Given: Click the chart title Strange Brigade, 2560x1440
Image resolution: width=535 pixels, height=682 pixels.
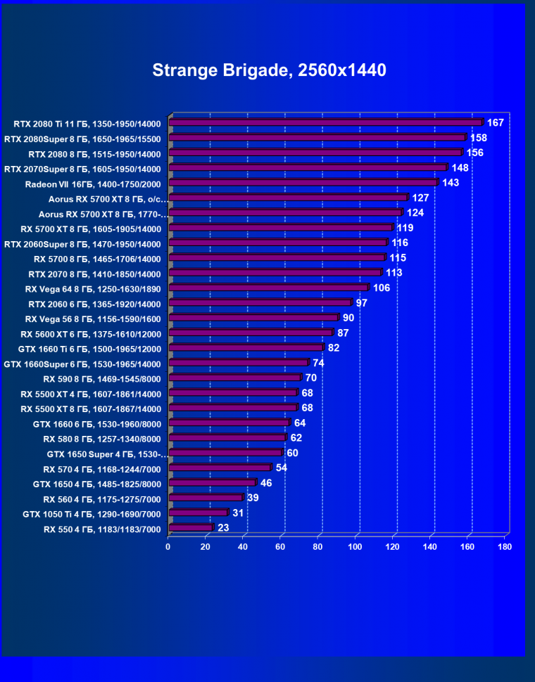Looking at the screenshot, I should click(x=269, y=70).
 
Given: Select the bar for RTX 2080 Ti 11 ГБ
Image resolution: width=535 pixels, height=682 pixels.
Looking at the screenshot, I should click(x=325, y=123).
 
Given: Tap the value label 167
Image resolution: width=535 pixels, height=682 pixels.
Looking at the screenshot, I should click(x=496, y=123).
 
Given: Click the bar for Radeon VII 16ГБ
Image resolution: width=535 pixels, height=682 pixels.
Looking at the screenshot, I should click(x=303, y=183).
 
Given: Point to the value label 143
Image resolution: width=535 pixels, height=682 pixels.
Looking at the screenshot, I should click(x=451, y=183).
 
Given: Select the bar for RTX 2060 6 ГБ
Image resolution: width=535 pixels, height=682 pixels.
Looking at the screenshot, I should click(x=260, y=303).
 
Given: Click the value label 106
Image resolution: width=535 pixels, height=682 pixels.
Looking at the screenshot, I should click(x=382, y=288).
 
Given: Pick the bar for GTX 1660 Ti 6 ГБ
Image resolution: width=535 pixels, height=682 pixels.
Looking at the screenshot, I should click(x=246, y=348).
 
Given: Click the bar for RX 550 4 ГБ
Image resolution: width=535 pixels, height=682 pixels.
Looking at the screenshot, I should click(x=190, y=528).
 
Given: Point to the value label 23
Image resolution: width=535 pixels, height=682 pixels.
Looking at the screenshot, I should click(x=223, y=527).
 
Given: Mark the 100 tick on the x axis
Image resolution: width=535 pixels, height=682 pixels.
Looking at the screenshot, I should click(x=355, y=546).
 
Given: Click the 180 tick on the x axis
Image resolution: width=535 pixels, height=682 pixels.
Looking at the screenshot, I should click(x=504, y=546).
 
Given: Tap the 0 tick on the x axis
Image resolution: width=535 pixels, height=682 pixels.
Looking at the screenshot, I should click(x=168, y=546).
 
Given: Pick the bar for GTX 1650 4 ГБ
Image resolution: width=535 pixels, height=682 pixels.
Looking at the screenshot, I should click(x=212, y=483).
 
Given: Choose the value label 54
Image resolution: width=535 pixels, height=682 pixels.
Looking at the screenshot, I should click(x=281, y=468).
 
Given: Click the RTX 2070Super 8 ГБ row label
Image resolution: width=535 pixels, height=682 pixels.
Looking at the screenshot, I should click(x=83, y=169).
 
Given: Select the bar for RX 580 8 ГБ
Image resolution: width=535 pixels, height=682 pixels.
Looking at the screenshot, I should click(x=227, y=438).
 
